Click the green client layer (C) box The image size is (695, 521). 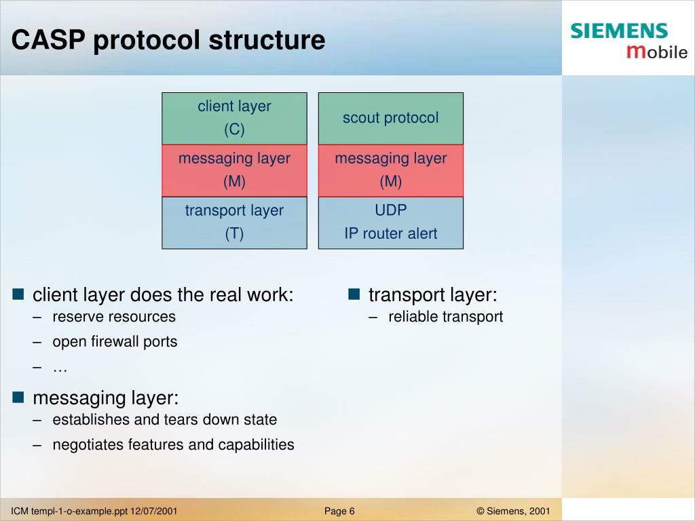tap(234, 118)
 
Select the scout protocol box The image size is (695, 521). tap(391, 118)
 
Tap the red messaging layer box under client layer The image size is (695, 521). tap(234, 170)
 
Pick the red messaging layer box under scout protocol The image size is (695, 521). tap(391, 170)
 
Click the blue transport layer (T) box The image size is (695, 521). tap(234, 223)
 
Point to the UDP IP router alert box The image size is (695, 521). tap(391, 223)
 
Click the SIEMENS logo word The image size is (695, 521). tap(619, 31)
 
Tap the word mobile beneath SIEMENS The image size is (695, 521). tap(657, 52)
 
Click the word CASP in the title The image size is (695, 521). tap(48, 39)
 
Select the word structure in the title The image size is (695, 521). tap(267, 40)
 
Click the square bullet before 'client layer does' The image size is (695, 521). tap(18, 294)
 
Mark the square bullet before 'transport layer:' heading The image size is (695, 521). tap(354, 294)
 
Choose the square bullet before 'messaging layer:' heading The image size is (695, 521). tap(18, 397)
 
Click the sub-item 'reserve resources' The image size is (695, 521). tap(114, 317)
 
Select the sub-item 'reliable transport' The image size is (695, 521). tap(445, 317)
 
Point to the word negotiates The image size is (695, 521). tap(88, 445)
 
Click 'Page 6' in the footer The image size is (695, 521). tap(339, 512)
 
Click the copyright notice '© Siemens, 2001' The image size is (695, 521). tap(513, 512)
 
